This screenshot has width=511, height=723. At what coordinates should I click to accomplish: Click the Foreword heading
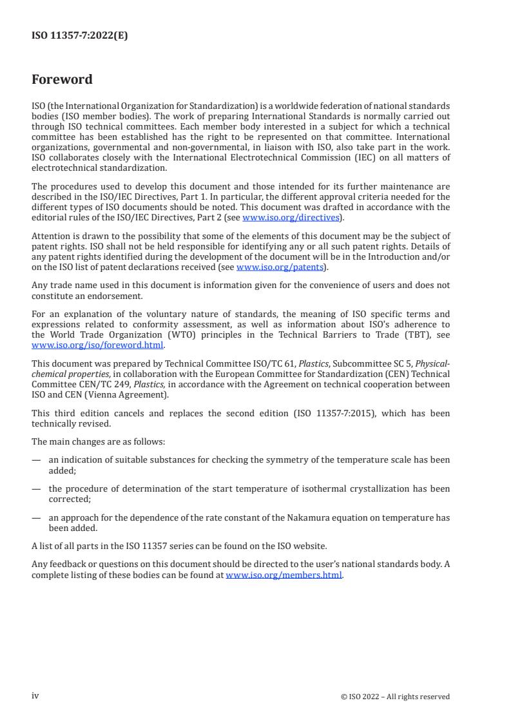(62, 80)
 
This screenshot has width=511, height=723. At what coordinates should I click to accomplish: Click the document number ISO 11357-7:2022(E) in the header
(79, 36)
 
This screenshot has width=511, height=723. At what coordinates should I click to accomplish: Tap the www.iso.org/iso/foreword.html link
(97, 345)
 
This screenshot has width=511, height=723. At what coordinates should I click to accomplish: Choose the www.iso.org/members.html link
(284, 575)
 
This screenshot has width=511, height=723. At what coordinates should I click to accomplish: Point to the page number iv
(35, 696)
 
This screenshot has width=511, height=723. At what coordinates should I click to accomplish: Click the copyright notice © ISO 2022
(395, 697)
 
